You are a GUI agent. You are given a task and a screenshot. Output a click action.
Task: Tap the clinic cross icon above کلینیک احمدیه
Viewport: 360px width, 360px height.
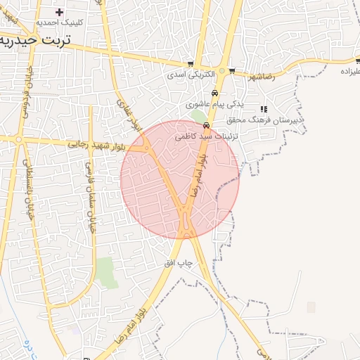tap(59, 12)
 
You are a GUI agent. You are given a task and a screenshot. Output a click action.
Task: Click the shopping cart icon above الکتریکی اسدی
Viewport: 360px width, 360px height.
tap(191, 64)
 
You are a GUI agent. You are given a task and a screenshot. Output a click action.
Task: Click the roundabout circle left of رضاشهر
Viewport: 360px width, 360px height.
tap(222, 71)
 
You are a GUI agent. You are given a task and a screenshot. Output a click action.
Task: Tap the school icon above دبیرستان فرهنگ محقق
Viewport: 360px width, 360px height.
tap(264, 109)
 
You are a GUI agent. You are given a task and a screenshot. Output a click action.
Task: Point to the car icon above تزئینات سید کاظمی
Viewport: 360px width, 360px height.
tap(206, 124)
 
